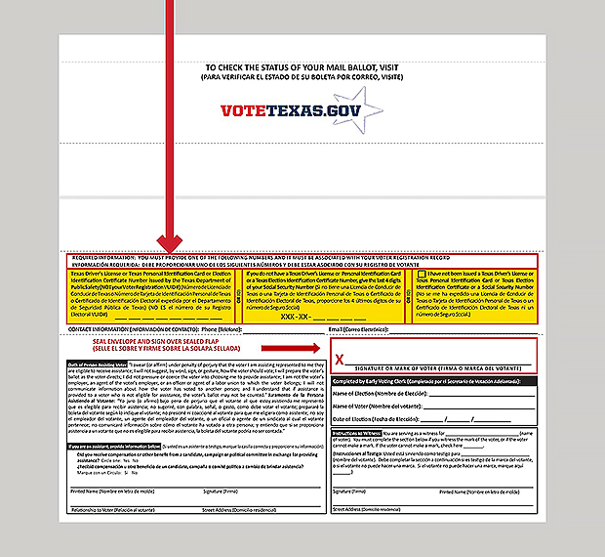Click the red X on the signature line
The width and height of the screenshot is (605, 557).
[x=341, y=359]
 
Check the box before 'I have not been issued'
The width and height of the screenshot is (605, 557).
[x=421, y=276]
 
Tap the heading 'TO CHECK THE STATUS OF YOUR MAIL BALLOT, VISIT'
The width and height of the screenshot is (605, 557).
[x=302, y=65]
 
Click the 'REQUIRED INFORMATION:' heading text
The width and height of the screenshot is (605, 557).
[x=105, y=258]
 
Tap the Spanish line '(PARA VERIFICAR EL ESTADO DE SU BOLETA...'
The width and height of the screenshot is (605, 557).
[x=302, y=76]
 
